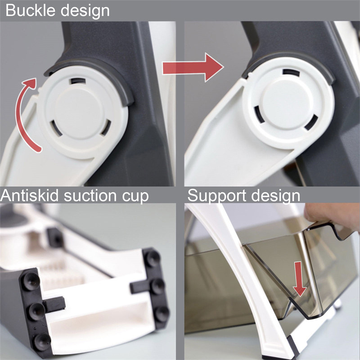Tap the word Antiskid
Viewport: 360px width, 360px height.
click(29, 195)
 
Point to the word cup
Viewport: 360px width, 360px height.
click(135, 198)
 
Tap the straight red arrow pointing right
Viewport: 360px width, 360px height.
click(193, 67)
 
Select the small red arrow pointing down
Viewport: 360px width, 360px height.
click(299, 279)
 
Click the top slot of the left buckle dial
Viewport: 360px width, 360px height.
click(78, 81)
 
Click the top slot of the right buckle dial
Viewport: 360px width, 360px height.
click(291, 73)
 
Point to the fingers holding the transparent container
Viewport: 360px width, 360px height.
click(331, 215)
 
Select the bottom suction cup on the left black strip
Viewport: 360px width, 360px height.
click(42, 341)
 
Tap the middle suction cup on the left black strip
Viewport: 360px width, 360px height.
click(37, 311)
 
